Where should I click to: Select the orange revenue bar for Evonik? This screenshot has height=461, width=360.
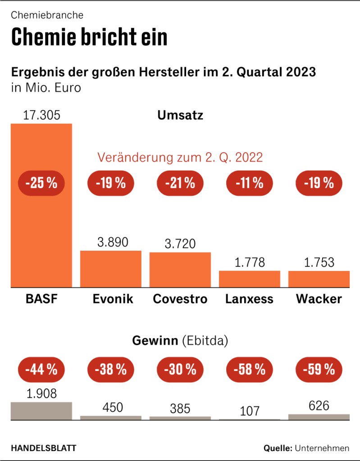pyautogui.click(x=110, y=269)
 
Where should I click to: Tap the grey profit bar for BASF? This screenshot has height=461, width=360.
pyautogui.click(x=41, y=410)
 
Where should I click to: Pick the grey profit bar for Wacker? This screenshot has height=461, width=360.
pyautogui.click(x=319, y=416)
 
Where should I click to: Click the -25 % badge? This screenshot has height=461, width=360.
pyautogui.click(x=41, y=183)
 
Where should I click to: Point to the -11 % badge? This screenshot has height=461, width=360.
pyautogui.click(x=249, y=183)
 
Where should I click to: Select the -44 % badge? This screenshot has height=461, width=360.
pyautogui.click(x=41, y=370)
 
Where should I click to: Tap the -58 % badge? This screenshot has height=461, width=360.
pyautogui.click(x=249, y=370)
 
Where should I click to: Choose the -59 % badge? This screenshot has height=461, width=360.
pyautogui.click(x=319, y=370)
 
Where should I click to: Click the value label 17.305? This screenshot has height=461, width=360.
pyautogui.click(x=41, y=115)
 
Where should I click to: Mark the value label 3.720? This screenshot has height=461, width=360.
pyautogui.click(x=180, y=244)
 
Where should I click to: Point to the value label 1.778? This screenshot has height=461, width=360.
pyautogui.click(x=249, y=262)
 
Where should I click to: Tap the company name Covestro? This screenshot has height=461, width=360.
pyautogui.click(x=180, y=299)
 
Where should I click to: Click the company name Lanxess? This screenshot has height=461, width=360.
pyautogui.click(x=249, y=299)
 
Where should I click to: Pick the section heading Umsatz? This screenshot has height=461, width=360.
pyautogui.click(x=180, y=115)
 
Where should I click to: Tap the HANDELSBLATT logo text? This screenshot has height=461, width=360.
pyautogui.click(x=43, y=448)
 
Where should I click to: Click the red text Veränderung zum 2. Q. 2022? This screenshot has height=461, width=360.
pyautogui.click(x=180, y=158)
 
